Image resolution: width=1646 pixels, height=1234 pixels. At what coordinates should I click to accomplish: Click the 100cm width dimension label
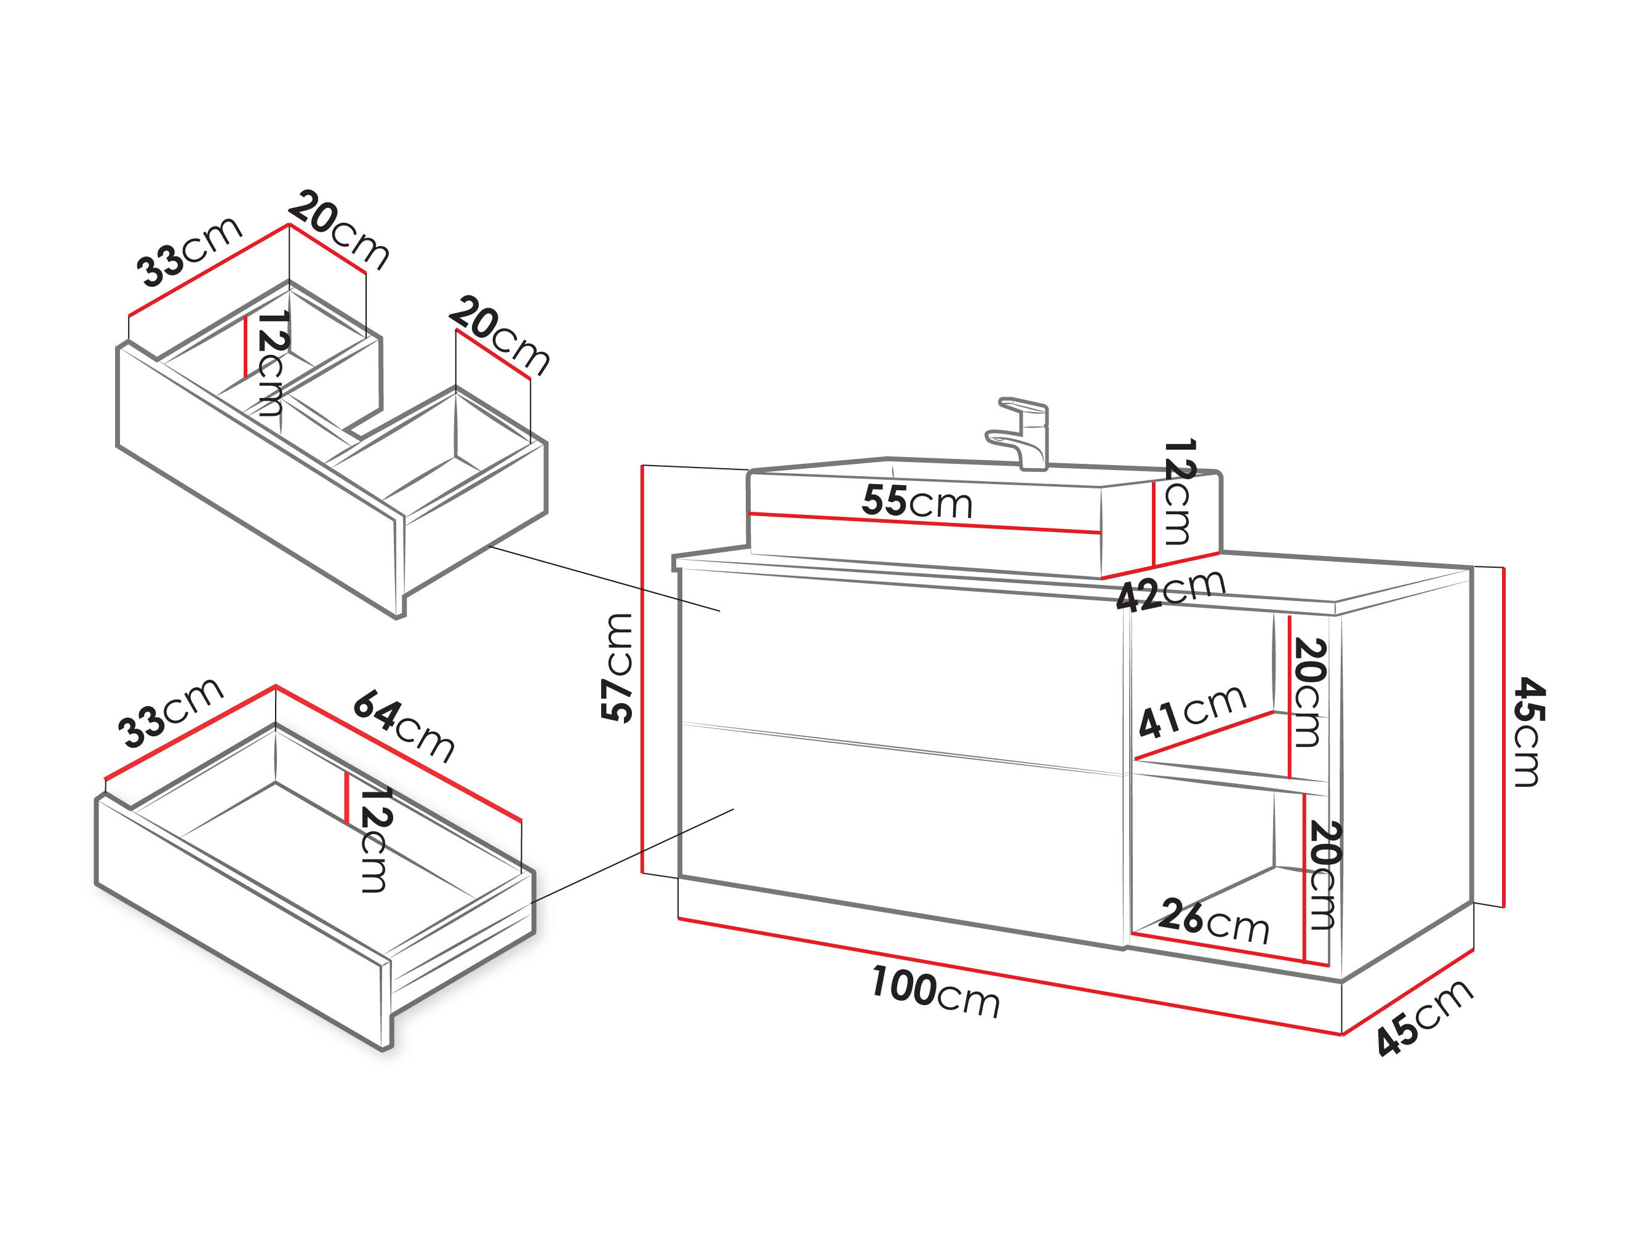[x=935, y=992]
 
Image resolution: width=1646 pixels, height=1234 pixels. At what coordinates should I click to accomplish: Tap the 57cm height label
[x=617, y=667]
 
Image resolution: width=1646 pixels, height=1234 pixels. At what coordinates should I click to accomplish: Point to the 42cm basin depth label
[x=1170, y=591]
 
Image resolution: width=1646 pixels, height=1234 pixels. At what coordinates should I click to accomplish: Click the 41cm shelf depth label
[x=1192, y=711]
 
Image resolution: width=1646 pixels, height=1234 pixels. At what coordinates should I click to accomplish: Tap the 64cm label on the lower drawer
[x=403, y=726]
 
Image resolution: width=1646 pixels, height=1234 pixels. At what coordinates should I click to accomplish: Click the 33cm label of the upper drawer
[x=189, y=252]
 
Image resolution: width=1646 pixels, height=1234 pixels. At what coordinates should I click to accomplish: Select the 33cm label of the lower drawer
[x=170, y=712]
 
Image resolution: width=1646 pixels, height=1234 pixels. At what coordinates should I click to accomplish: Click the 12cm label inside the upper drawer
[x=271, y=364]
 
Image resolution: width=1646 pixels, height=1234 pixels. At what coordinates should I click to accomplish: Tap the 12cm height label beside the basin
[x=1179, y=492]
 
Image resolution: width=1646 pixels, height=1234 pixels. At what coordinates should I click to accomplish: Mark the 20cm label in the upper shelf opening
[x=1309, y=693]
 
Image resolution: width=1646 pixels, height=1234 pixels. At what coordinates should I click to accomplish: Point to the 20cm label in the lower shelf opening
[x=1323, y=875]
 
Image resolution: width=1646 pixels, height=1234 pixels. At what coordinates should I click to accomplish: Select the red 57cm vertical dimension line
[x=641, y=669]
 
